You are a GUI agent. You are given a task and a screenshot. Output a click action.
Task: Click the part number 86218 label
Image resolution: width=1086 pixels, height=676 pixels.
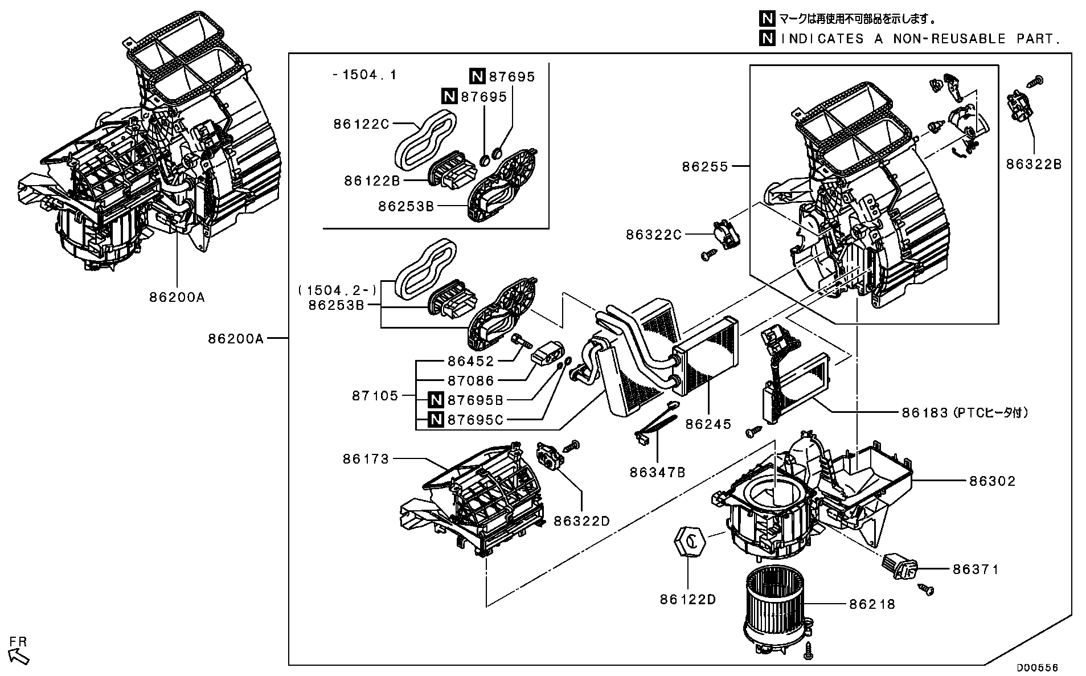pos(871,604)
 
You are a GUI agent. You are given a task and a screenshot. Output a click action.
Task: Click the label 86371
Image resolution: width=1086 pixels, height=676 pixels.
pos(975,569)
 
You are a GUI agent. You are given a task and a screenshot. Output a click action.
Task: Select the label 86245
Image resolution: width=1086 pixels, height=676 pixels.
pos(708,424)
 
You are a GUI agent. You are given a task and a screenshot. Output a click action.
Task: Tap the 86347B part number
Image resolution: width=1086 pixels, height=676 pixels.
pos(657,472)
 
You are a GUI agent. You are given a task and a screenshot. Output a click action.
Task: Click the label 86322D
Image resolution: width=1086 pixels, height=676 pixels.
pos(581,521)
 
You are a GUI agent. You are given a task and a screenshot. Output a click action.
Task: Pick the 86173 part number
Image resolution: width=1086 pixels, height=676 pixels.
pos(366,458)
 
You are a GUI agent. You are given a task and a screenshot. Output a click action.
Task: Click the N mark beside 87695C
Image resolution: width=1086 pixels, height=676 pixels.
pos(436,420)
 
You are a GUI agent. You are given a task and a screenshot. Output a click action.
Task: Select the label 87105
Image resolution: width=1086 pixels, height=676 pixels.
pos(375,395)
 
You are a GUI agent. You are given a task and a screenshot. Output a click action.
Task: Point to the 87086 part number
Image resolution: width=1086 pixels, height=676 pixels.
pos(470,380)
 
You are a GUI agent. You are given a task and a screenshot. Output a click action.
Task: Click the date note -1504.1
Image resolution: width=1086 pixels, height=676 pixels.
pos(364,75)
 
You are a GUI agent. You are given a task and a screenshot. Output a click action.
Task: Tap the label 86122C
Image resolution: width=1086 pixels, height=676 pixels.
pos(361,124)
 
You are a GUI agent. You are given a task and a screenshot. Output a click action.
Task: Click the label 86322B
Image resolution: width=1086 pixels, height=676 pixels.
pos(1033,164)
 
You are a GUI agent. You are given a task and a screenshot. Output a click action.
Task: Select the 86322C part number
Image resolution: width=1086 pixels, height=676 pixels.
pos(653,234)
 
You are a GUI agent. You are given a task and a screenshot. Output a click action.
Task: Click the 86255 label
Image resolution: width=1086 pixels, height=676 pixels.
pos(705,166)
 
